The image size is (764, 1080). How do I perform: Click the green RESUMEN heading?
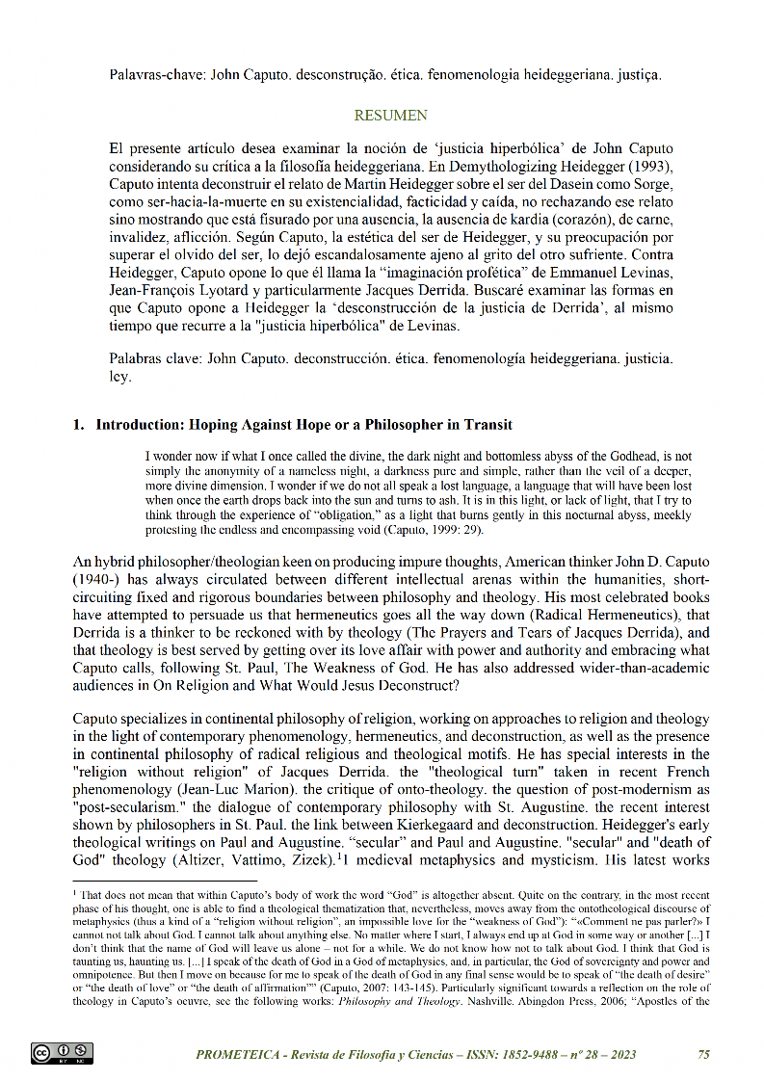point(391,116)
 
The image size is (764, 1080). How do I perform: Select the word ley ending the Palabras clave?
point(120,377)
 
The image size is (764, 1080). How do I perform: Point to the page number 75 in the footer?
point(703,1055)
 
